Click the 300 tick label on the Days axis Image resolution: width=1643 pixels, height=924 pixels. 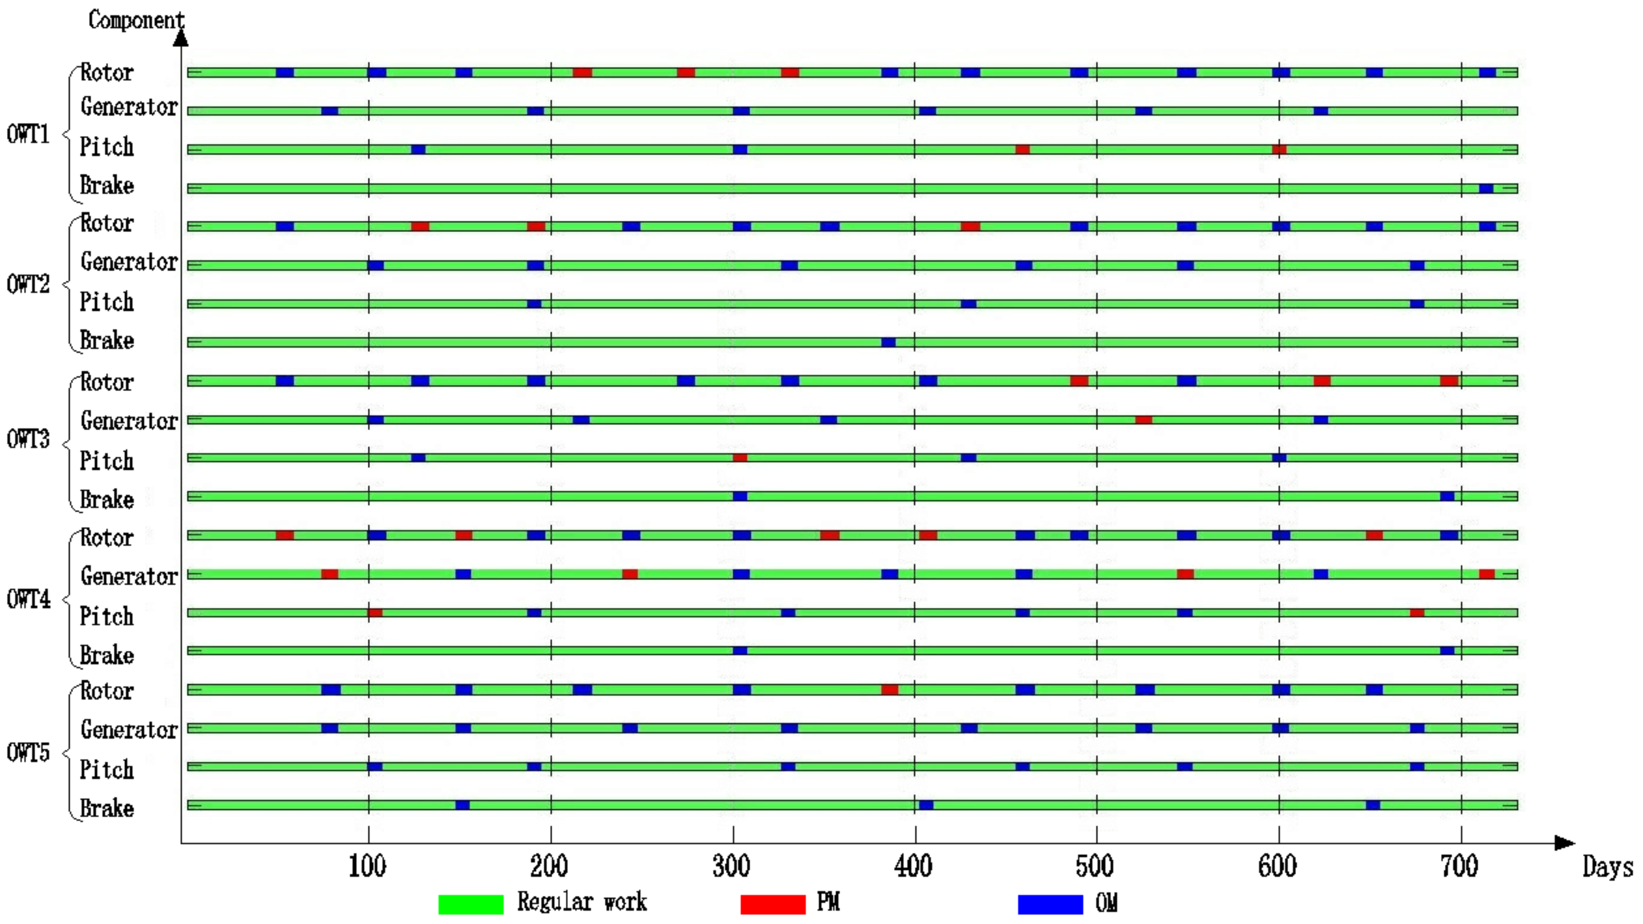[x=731, y=867]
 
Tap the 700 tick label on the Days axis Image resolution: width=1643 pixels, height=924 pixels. [x=1459, y=867]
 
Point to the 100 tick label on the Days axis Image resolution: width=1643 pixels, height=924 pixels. [x=367, y=867]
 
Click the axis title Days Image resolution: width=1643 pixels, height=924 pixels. [x=1607, y=867]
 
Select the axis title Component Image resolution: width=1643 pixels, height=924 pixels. [x=136, y=20]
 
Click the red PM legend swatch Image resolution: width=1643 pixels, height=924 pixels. [x=772, y=904]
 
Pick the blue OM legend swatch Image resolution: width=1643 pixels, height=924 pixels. [x=1050, y=904]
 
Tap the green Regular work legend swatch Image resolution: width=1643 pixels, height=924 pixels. [x=471, y=904]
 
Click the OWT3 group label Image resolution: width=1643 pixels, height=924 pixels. [x=28, y=439]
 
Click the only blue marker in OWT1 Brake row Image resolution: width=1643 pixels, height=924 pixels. [x=1486, y=188]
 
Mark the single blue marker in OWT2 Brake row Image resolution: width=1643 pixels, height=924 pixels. [x=888, y=343]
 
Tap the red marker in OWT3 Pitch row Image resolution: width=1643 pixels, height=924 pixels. [x=740, y=457]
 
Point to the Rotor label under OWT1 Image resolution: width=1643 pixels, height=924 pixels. [x=107, y=73]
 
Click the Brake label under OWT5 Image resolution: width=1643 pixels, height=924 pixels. [x=107, y=808]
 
